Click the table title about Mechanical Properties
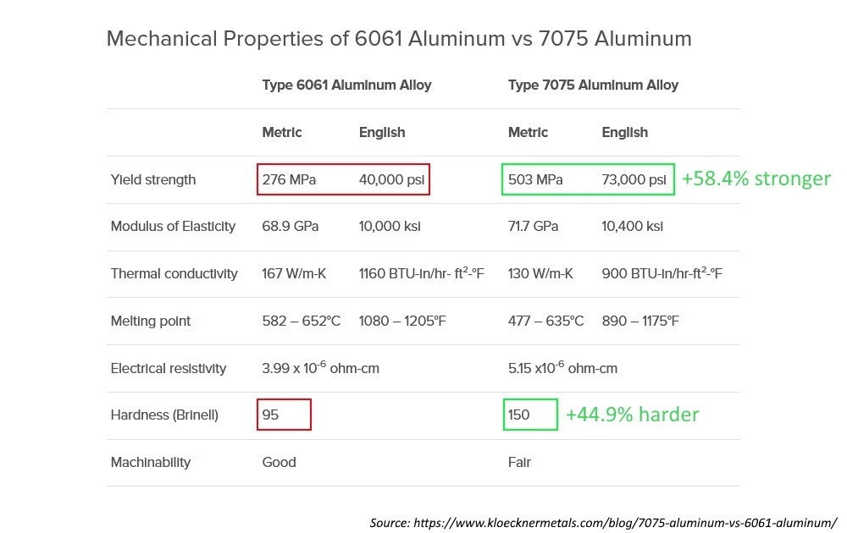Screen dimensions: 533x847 coord(399,39)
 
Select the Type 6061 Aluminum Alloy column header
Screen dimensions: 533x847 coord(346,85)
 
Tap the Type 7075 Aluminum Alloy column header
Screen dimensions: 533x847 coord(593,85)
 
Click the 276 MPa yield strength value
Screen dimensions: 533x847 coord(289,179)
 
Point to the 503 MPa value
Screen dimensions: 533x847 coord(535,179)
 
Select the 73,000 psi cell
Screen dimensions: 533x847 coord(634,179)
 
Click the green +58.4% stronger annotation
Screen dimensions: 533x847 coord(756,179)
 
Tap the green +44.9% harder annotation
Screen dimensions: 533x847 coord(632,415)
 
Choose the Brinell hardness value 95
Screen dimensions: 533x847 coord(271,415)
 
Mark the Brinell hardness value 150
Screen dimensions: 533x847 coord(518,415)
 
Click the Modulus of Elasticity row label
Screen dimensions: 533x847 coord(173,227)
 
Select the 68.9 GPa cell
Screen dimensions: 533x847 coord(288,227)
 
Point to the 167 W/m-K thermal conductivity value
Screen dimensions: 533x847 coord(292,274)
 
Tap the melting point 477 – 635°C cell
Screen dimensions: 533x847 coord(545,321)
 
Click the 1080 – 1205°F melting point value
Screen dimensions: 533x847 coord(401,321)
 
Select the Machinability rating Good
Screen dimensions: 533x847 coord(279,463)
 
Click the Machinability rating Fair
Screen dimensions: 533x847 coord(519,463)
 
